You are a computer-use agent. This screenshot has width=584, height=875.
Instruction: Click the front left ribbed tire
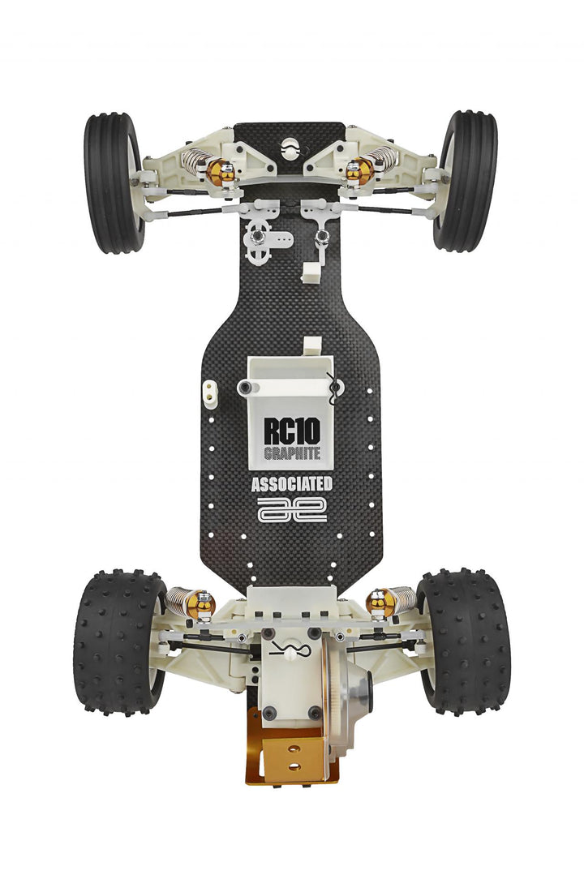(x=113, y=182)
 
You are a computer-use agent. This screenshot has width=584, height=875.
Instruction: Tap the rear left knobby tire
(x=118, y=640)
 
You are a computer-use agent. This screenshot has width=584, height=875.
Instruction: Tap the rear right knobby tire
(x=464, y=640)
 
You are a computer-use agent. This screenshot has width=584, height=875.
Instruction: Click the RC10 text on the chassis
(x=292, y=430)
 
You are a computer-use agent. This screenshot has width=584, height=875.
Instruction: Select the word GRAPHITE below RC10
(x=292, y=453)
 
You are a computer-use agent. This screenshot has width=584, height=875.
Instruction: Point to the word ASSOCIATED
(x=292, y=485)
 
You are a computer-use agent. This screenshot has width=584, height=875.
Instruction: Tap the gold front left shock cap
(x=221, y=171)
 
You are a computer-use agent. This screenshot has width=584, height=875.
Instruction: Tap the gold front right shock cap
(x=358, y=170)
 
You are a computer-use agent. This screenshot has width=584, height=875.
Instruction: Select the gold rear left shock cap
(x=200, y=603)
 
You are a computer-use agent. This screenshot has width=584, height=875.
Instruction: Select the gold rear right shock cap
(x=380, y=601)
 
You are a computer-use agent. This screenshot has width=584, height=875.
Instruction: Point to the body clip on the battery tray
(x=332, y=389)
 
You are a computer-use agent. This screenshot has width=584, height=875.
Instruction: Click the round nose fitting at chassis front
(x=290, y=148)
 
